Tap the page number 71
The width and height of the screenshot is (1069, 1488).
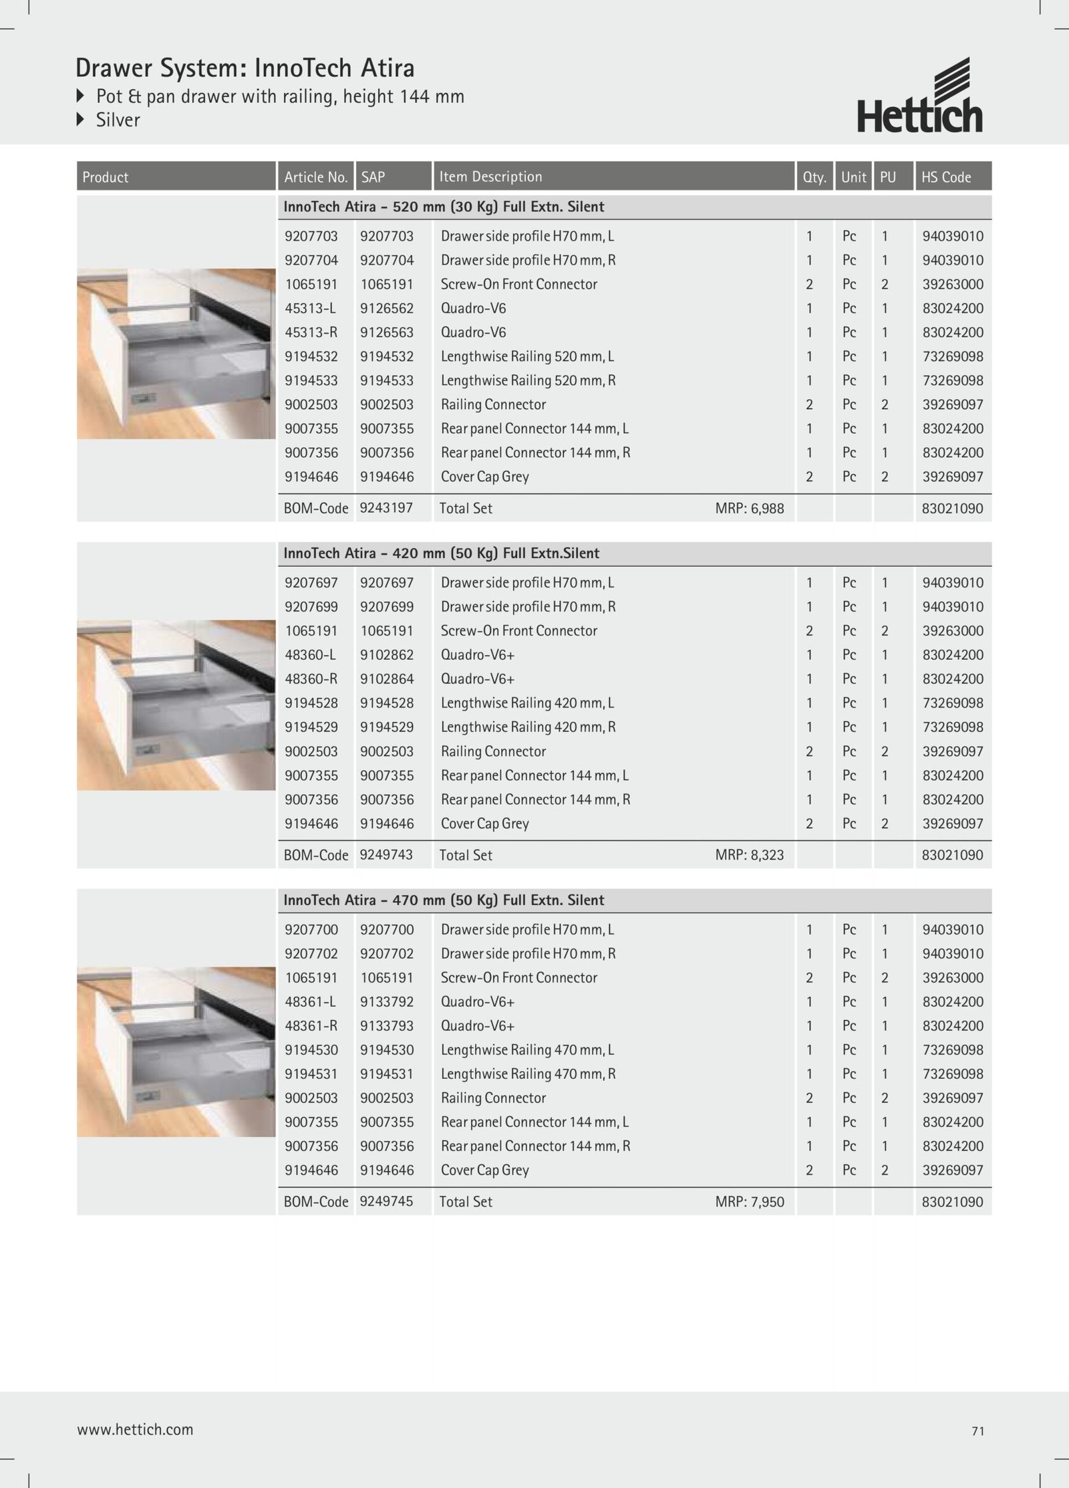click(978, 1431)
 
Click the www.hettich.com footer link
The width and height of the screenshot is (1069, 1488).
click(135, 1429)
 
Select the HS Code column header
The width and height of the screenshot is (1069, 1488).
click(946, 177)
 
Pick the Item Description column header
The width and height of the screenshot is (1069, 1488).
click(490, 176)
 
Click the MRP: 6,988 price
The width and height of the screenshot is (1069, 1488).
click(749, 508)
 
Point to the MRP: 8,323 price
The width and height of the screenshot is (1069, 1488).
click(749, 855)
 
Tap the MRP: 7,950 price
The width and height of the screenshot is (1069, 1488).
click(749, 1202)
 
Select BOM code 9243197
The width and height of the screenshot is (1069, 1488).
click(386, 508)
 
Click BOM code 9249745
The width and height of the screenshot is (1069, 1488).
click(386, 1201)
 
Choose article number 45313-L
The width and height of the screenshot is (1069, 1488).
click(311, 308)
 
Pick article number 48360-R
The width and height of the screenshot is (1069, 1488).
click(311, 679)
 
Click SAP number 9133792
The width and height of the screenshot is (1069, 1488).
click(387, 1001)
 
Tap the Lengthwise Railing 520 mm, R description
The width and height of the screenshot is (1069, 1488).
click(528, 380)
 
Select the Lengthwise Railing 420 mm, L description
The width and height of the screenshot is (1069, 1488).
click(527, 703)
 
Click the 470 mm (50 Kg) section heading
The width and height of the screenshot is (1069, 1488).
click(444, 900)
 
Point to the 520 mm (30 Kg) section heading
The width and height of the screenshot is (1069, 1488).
click(444, 207)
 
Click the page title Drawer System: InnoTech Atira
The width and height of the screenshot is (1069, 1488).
click(245, 68)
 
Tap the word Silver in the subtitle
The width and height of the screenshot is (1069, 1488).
click(118, 120)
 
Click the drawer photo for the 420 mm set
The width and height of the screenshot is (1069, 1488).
click(176, 705)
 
